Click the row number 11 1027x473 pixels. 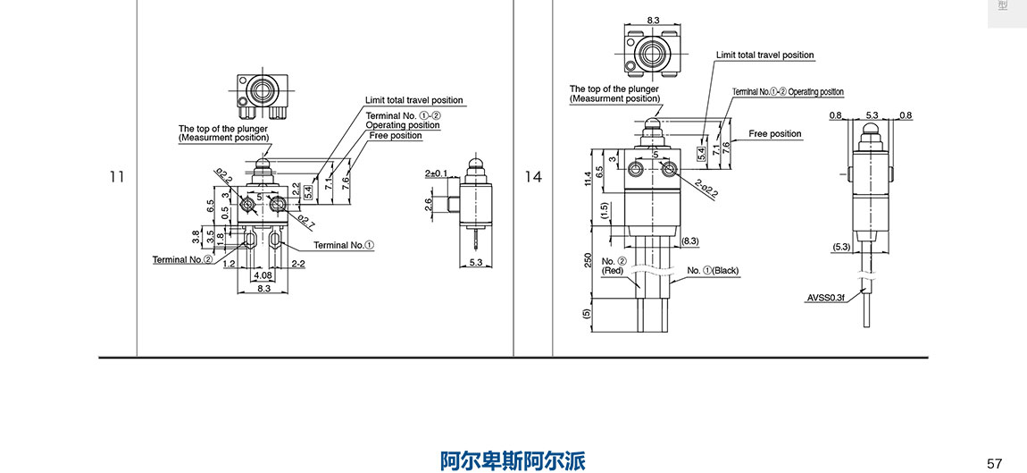pos(116,177)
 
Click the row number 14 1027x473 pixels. pos(533,177)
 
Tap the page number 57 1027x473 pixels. pos(995,462)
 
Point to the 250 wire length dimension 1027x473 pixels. pos(588,258)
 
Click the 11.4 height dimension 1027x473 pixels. pos(588,178)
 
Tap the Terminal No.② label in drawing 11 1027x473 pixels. pos(182,259)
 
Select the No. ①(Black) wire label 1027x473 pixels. pos(713,270)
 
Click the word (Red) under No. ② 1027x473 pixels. pos(613,270)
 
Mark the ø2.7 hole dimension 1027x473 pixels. pos(305,220)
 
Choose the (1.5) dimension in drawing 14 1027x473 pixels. pos(604,211)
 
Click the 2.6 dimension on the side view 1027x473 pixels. pos(428,203)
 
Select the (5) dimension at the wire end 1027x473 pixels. pos(587,314)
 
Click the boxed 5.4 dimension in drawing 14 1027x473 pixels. pos(702,152)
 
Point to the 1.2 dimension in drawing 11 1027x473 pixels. pos(230,264)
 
